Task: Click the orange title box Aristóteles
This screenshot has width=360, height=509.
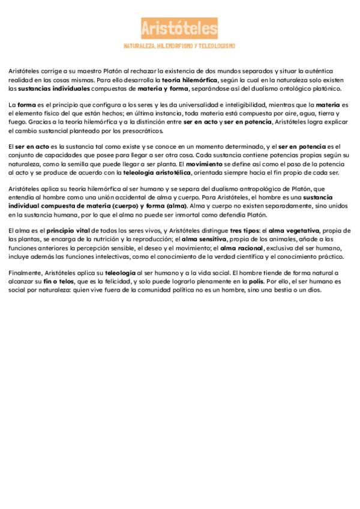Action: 179,28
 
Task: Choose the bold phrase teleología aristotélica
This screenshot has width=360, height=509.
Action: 157,173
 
